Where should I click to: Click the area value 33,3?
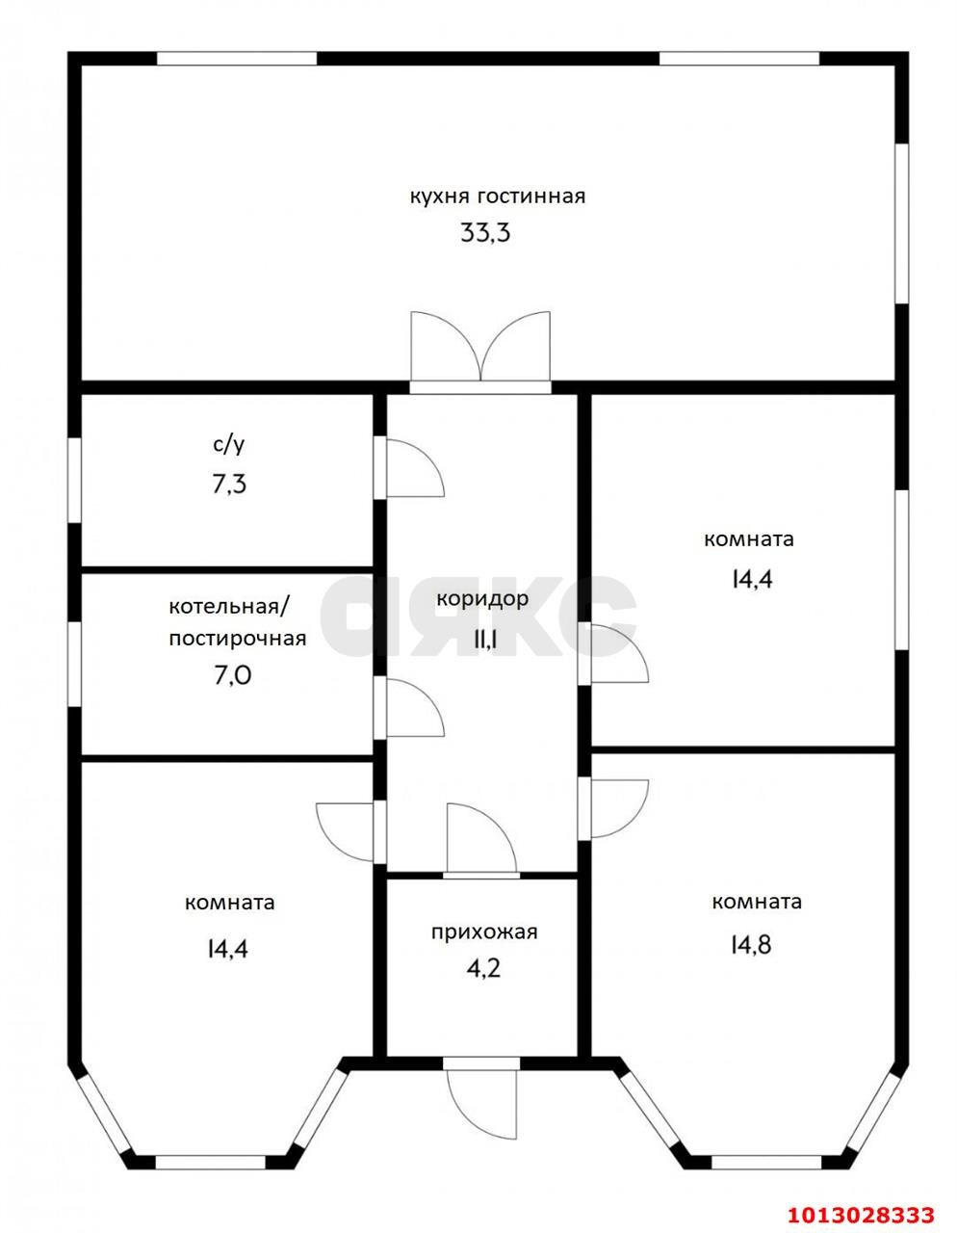pos(485,232)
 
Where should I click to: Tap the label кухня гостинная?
pos(497,197)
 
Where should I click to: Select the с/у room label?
pos(229,446)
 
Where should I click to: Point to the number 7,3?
pos(229,485)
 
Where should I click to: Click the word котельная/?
pos(229,607)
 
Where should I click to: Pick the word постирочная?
pos(238,639)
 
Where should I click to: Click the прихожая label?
pos(484,931)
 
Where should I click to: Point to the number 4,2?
pos(483,969)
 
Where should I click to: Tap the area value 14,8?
pos(751,945)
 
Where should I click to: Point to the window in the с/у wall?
pos(74,480)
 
